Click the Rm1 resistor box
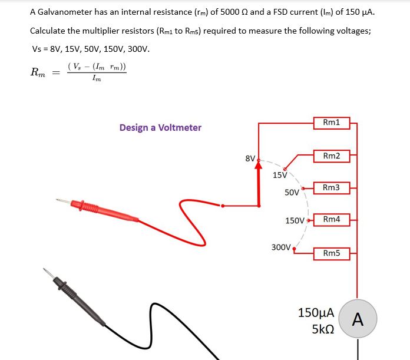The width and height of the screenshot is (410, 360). click(332, 123)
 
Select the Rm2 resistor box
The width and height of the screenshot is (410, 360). click(332, 156)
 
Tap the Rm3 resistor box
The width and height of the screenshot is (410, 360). click(332, 187)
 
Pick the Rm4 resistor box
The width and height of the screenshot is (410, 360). click(332, 219)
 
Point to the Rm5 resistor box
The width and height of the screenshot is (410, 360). click(332, 253)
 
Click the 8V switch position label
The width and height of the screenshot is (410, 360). click(250, 158)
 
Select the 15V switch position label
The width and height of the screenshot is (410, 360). click(280, 175)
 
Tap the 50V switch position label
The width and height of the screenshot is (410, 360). click(292, 193)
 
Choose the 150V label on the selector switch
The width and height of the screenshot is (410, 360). click(295, 220)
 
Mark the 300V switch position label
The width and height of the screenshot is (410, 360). click(281, 247)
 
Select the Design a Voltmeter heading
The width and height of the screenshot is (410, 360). click(160, 127)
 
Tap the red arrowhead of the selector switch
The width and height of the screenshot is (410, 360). click(258, 165)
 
